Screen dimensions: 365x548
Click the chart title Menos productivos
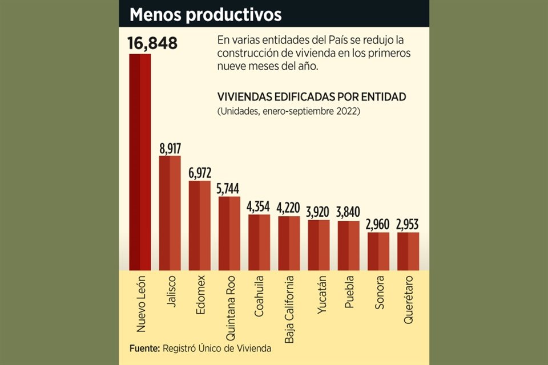tap(205, 14)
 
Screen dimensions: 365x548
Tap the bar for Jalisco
tap(170, 212)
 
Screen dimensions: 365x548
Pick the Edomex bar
tap(199, 225)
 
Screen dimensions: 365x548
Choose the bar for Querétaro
tap(408, 250)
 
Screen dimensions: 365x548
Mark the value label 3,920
tap(319, 212)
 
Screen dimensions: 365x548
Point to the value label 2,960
tap(378, 224)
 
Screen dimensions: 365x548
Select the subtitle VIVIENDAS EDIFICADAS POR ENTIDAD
tap(312, 97)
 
